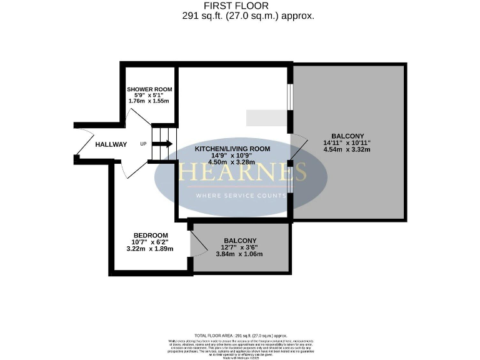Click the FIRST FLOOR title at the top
240,6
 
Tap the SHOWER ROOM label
149,89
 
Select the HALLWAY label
111,144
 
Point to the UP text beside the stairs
143,144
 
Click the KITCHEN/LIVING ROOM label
232,149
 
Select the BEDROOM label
149,235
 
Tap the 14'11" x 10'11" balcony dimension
347,142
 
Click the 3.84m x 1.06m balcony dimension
239,254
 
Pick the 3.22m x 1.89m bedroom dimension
149,248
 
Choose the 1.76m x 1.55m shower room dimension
149,101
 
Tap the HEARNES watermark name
242,172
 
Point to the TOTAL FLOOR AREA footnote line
240,336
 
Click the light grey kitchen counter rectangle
266,117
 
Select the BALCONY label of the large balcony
347,136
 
